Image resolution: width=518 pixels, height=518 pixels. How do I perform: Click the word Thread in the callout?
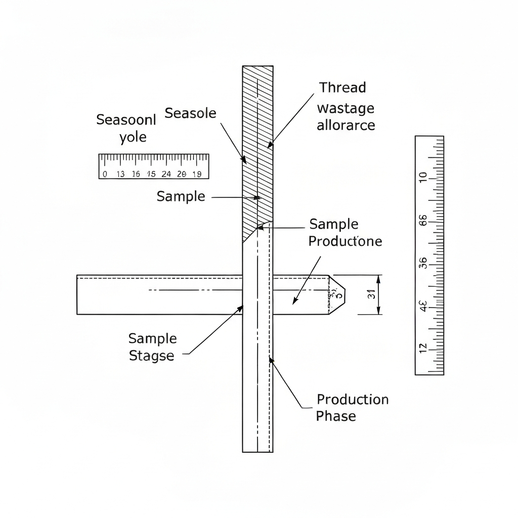click(342, 88)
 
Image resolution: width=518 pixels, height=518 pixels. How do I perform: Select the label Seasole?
click(191, 113)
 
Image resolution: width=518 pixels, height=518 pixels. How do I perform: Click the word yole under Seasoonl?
click(133, 137)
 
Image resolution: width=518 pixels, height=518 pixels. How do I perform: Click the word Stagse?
click(151, 356)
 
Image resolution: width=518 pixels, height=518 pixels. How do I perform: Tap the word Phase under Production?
click(336, 416)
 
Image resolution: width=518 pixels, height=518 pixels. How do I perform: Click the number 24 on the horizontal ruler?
click(166, 174)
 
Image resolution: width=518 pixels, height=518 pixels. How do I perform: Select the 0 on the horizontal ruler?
click(105, 174)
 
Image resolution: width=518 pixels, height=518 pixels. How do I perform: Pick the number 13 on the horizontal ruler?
click(120, 174)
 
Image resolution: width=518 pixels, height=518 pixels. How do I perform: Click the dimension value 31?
click(371, 294)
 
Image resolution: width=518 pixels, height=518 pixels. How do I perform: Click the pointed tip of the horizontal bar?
click(344, 294)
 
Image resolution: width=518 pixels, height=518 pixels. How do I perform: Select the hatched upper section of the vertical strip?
click(257, 147)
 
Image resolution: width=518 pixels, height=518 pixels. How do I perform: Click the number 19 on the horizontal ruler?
click(197, 174)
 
